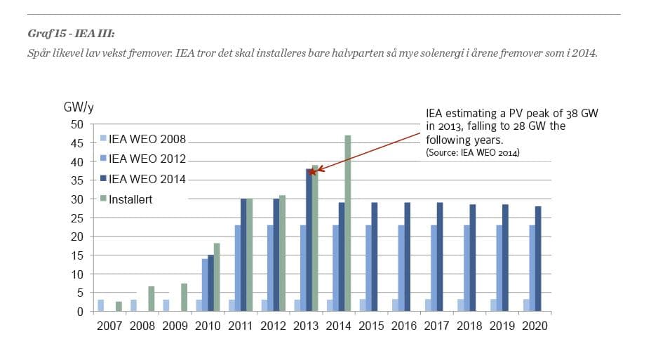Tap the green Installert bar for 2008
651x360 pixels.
tap(152, 298)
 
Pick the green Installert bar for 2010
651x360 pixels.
tap(217, 276)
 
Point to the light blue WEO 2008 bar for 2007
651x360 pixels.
tap(101, 305)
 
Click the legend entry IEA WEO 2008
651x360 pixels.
tap(144, 139)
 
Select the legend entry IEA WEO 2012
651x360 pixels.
tap(144, 159)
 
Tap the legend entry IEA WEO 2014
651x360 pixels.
tap(144, 180)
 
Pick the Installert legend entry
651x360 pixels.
tap(130, 199)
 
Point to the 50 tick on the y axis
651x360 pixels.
tap(78, 125)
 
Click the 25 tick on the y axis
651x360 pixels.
tap(78, 218)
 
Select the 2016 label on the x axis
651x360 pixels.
tap(405, 326)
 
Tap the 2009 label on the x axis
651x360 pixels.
tap(176, 326)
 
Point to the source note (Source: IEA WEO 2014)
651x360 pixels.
tap(472, 152)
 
